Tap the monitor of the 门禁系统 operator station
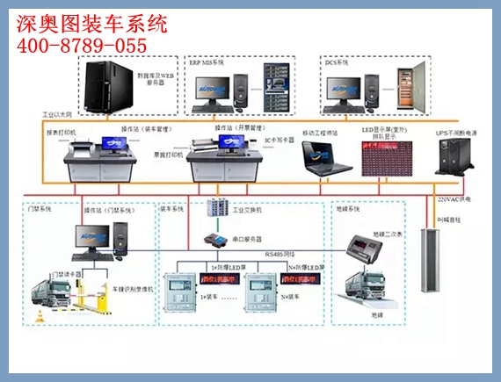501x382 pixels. [91, 234]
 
